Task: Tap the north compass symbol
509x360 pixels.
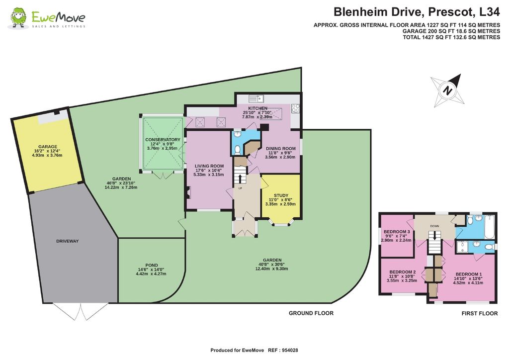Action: click(447, 90)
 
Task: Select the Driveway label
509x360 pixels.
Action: click(68, 241)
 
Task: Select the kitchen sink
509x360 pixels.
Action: click(256, 98)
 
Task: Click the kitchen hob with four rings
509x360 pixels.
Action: click(295, 108)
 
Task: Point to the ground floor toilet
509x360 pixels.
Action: click(237, 149)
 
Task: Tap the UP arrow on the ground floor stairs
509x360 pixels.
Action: click(240, 179)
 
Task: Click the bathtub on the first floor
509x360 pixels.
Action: click(489, 227)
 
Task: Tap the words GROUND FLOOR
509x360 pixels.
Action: click(311, 313)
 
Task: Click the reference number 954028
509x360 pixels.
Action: click(290, 350)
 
